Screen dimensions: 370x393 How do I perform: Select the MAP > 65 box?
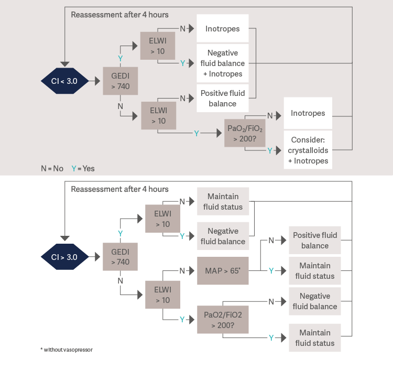(223, 270)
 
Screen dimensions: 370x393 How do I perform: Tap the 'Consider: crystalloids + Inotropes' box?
(308, 150)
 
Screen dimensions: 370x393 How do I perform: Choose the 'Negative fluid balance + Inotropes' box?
(223, 63)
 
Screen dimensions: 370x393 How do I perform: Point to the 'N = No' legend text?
(52, 168)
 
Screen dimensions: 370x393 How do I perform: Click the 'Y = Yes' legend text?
(83, 168)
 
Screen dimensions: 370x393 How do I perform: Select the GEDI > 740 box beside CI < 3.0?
(120, 81)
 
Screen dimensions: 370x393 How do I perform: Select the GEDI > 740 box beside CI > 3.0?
(120, 257)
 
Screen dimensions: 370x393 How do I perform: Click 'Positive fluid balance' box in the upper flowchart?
(223, 98)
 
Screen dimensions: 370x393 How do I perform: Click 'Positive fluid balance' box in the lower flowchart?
(315, 240)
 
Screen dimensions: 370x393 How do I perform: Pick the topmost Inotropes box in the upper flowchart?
(223, 29)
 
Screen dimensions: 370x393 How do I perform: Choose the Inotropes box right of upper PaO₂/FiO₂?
(308, 113)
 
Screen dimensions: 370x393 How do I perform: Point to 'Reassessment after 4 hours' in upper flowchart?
(119, 15)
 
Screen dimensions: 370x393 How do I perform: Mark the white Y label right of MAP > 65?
(271, 270)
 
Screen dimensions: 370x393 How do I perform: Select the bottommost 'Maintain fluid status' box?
(315, 338)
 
